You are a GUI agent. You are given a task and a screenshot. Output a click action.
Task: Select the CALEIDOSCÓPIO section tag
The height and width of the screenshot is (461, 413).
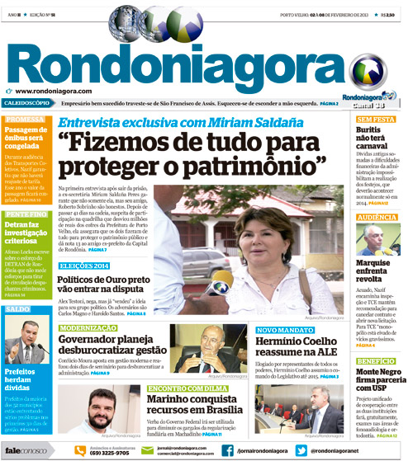(x=27, y=105)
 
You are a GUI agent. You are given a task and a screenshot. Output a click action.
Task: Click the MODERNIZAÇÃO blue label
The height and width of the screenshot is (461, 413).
(x=88, y=327)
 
